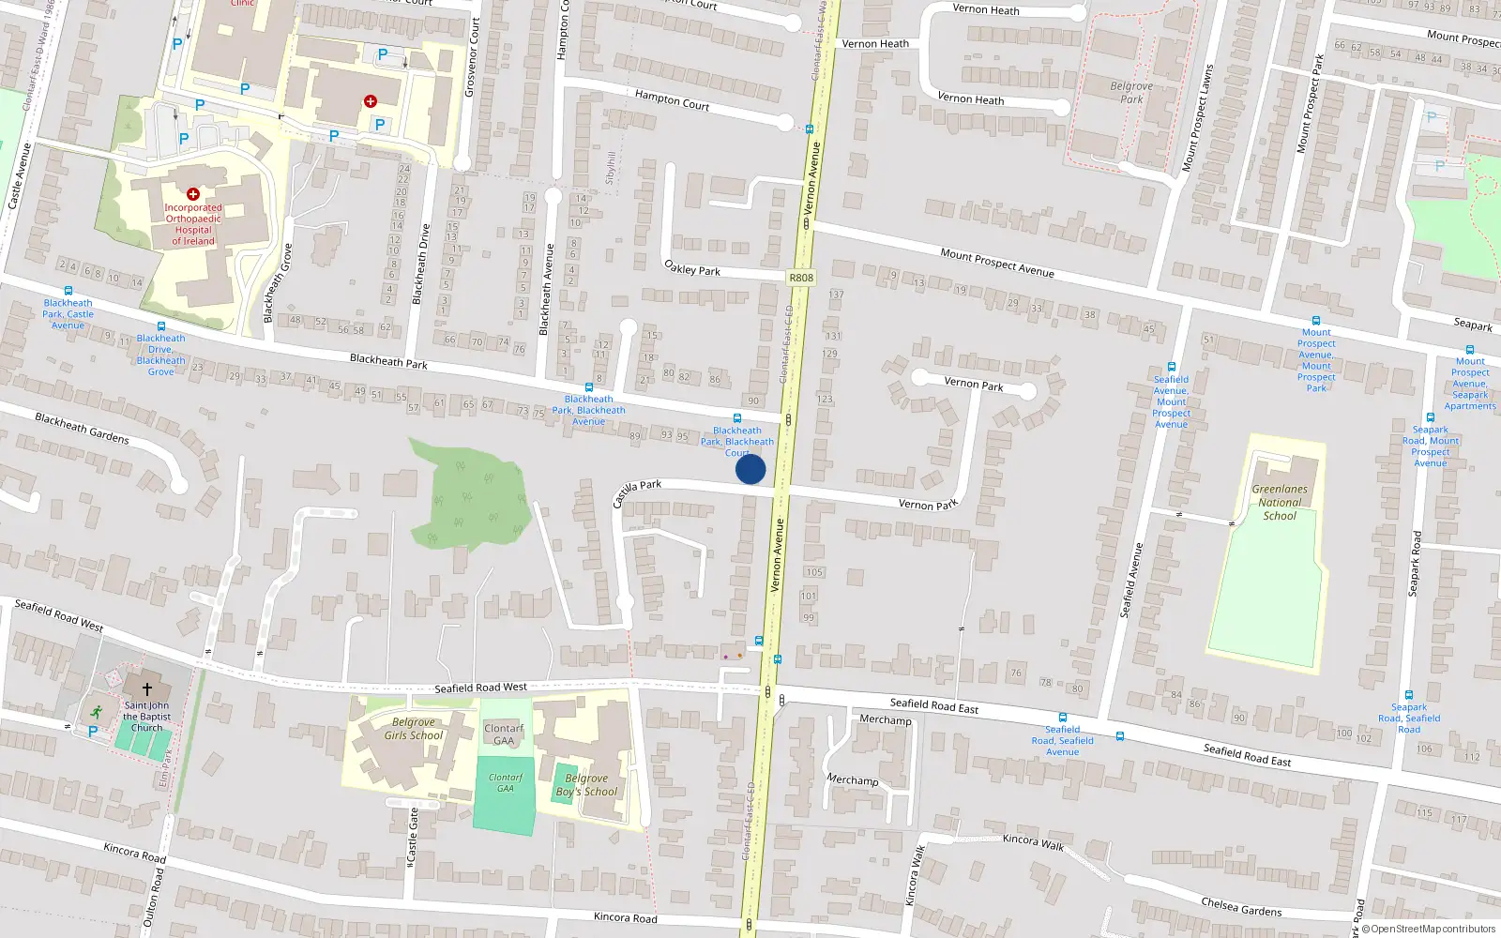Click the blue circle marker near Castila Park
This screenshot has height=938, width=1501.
tap(750, 469)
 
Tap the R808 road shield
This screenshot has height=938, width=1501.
tap(801, 278)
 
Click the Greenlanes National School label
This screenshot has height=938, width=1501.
tap(1280, 502)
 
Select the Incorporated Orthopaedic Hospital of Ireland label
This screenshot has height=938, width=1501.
tap(193, 224)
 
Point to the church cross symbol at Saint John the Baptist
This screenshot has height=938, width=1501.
tap(147, 688)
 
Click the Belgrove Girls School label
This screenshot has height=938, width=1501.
tap(414, 729)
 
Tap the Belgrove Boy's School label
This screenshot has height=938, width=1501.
tap(586, 785)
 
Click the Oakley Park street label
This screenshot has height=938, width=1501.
tap(692, 268)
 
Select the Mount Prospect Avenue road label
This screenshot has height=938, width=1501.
tap(996, 262)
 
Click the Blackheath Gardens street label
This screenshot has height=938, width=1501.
tap(82, 428)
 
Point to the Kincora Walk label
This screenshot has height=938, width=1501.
tap(1033, 841)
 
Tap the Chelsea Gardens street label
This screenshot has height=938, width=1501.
tap(1240, 906)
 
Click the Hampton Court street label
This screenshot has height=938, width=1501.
tap(672, 100)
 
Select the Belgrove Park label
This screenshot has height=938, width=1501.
tap(1131, 92)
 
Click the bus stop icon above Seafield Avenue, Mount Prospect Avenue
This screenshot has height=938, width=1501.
tap(1171, 367)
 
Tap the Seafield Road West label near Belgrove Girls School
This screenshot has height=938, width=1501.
tap(480, 688)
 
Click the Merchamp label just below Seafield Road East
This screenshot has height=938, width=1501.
tap(885, 719)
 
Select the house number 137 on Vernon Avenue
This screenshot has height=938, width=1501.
tap(836, 295)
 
